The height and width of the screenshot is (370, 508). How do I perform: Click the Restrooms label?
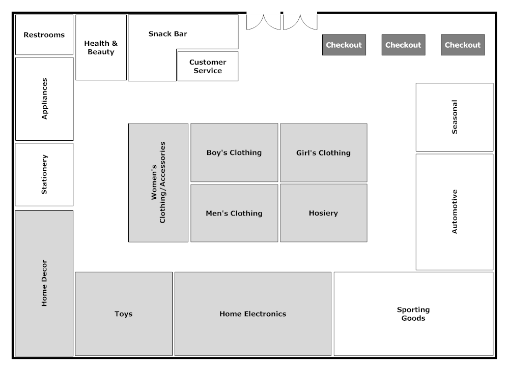[x=44, y=35]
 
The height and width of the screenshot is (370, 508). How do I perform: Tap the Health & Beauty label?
[x=101, y=48]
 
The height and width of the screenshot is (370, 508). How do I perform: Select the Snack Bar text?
[x=167, y=34]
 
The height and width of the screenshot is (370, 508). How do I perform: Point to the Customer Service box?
[x=208, y=66]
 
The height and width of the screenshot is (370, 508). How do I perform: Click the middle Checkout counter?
[x=403, y=45]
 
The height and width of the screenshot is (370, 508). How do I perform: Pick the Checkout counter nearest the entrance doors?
[x=344, y=45]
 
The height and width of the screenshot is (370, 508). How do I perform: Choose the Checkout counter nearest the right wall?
[x=463, y=45]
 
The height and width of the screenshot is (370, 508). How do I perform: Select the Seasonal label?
[x=455, y=117]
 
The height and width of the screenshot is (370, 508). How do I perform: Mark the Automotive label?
[x=455, y=211]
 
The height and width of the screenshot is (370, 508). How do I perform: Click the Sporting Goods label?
[x=413, y=314]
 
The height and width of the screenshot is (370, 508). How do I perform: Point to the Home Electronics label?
[x=252, y=314]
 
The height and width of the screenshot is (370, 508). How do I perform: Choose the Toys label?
[x=123, y=314]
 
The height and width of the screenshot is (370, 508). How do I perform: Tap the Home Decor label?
[x=44, y=283]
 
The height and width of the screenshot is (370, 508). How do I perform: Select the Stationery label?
[x=44, y=174]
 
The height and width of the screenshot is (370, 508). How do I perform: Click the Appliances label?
[x=44, y=99]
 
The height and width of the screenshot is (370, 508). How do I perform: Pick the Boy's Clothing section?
[x=234, y=152]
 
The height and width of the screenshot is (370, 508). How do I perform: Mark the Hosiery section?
[x=323, y=213]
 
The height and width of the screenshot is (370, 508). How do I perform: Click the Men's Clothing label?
[x=234, y=213]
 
